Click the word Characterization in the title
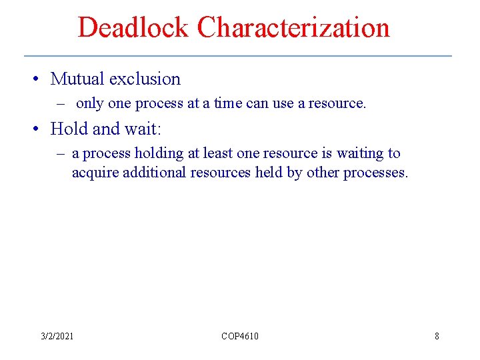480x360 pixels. coord(293,28)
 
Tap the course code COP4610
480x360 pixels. coord(240,336)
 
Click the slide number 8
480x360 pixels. coord(437,336)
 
